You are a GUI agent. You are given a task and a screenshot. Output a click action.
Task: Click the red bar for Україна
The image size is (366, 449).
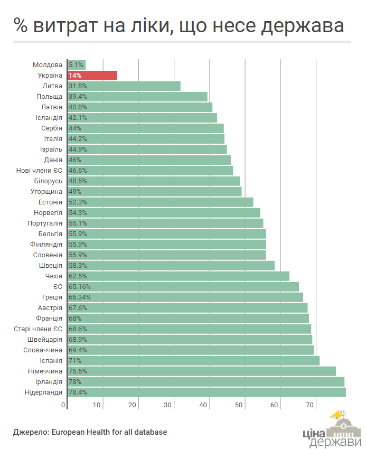(92, 76)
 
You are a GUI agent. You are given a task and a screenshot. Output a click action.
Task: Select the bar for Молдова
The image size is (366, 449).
(77, 65)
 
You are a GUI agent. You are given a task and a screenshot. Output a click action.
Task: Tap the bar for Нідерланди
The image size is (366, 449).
(207, 392)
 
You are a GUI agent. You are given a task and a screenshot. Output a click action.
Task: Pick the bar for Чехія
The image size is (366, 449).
(179, 276)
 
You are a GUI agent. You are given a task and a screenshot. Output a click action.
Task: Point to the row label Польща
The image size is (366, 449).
(50, 97)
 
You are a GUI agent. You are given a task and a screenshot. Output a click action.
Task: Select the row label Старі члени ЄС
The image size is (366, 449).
(37, 329)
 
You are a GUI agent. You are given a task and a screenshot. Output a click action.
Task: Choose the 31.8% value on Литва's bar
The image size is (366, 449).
(78, 86)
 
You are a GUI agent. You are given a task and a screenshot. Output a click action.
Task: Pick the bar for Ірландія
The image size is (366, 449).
(206, 381)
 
